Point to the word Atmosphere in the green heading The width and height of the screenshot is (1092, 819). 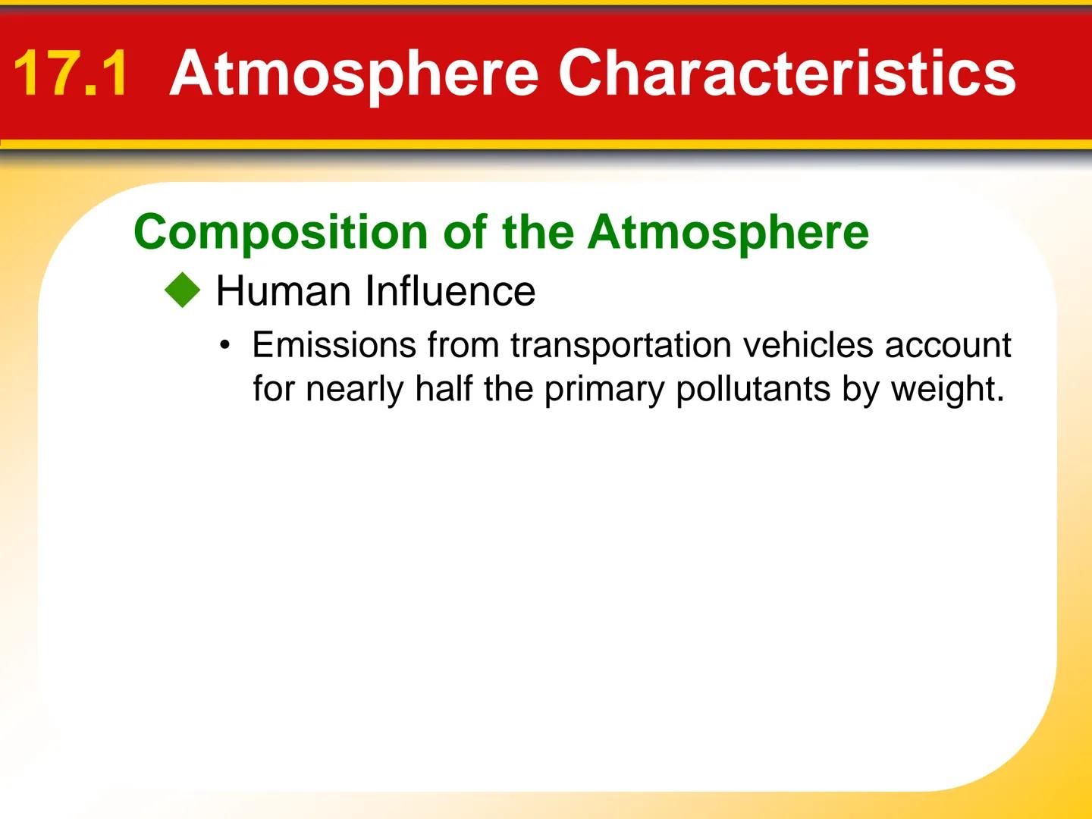coord(728,232)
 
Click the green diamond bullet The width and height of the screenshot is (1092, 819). coord(183,291)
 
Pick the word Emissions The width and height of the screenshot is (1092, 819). coord(334,345)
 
